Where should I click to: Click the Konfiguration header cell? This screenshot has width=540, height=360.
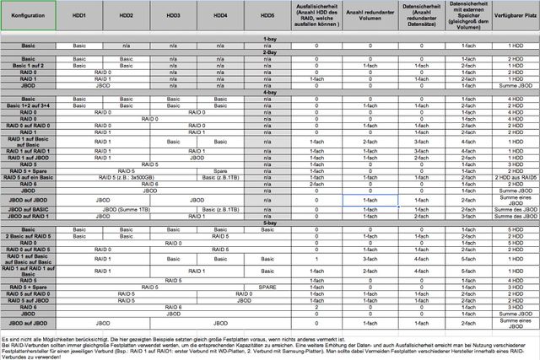click(x=28, y=16)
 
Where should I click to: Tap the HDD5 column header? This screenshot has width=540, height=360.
click(x=267, y=16)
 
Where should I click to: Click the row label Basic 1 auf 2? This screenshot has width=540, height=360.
click(x=28, y=65)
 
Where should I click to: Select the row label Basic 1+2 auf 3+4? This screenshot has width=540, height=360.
click(x=28, y=105)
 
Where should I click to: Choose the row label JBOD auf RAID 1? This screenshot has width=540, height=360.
click(x=28, y=216)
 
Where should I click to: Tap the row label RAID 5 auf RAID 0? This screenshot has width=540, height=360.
click(x=28, y=293)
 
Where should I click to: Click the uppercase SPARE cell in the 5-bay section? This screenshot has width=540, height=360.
click(x=267, y=287)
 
